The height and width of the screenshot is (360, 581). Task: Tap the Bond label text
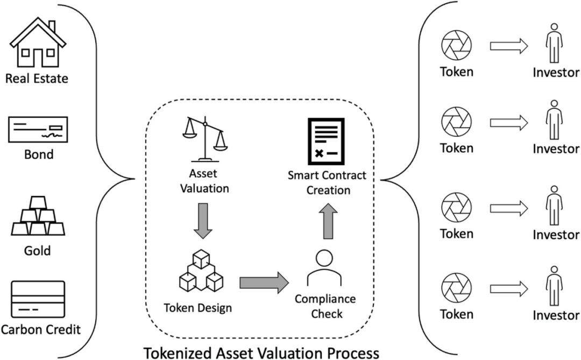click(39, 154)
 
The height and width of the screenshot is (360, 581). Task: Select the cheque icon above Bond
click(38, 130)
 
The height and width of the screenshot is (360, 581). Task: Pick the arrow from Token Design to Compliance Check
click(263, 283)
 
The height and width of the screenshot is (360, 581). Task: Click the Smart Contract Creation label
click(327, 183)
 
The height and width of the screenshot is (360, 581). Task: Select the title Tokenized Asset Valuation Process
click(261, 352)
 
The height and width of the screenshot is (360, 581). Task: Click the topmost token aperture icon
click(456, 46)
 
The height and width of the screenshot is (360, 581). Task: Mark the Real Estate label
click(37, 79)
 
